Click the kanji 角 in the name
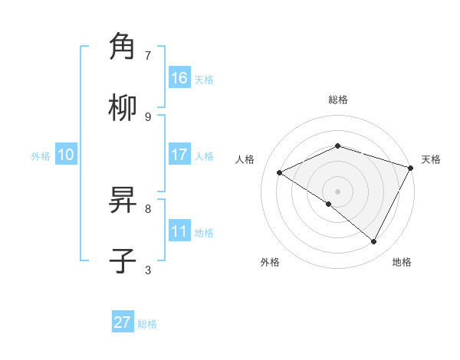123,47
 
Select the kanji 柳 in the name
123,108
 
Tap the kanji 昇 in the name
123,201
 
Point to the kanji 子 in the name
123,261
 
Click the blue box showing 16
179,78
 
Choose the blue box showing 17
179,155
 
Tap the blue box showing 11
179,231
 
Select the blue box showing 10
66,155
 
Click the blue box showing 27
123,322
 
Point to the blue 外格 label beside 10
41,156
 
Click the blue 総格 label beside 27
147,324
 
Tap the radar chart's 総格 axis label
338,100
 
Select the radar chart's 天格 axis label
431,159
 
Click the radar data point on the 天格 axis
411,167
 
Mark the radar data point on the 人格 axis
280,173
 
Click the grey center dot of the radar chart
338,191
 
